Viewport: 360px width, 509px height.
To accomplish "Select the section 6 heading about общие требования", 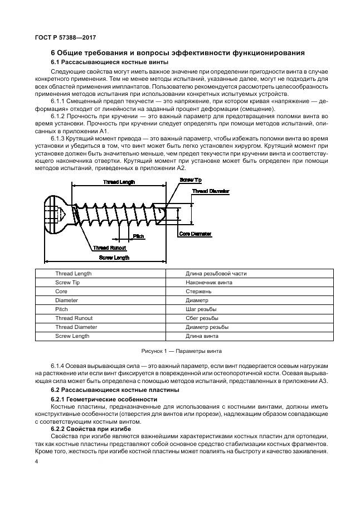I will (x=177, y=53).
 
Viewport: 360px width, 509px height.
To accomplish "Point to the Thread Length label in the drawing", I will (x=119, y=182).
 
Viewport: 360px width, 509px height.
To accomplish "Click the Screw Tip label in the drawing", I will (x=191, y=180).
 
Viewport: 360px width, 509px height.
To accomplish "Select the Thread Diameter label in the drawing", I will (x=211, y=191).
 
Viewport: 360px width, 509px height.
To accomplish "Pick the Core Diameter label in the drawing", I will (x=196, y=234).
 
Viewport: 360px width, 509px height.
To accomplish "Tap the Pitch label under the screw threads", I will (x=139, y=237).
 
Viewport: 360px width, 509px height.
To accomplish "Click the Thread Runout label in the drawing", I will (x=109, y=248).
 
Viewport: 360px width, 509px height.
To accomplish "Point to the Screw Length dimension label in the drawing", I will (x=114, y=258).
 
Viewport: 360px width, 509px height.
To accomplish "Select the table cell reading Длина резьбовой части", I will (x=216, y=274).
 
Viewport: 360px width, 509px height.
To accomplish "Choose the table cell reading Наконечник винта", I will (x=209, y=283).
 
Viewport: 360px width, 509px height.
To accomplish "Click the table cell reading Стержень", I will (x=198, y=291).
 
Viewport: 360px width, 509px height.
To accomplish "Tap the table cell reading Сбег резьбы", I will (x=201, y=318).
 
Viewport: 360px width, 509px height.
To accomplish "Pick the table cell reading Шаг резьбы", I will (x=201, y=309).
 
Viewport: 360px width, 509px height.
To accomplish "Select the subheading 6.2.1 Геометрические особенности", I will (x=104, y=400).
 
